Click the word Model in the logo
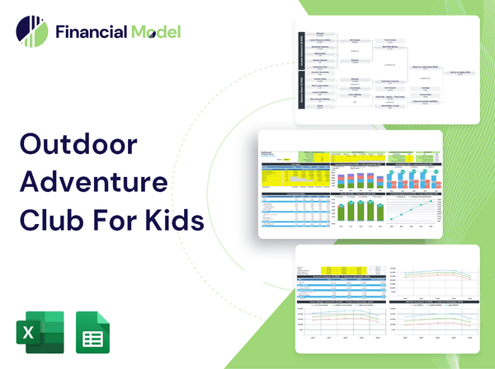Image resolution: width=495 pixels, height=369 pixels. tap(154, 32)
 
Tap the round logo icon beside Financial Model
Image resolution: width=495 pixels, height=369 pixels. tap(31, 31)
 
